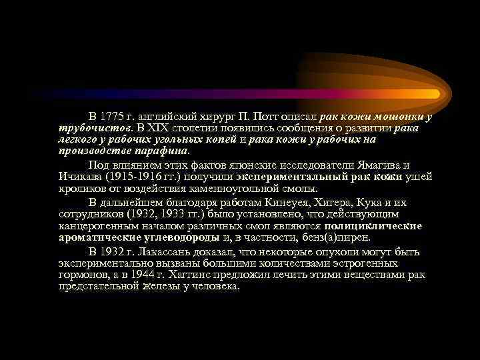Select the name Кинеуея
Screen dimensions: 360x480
point(281,203)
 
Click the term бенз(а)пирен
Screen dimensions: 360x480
point(335,237)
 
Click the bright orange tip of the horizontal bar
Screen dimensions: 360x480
point(433,93)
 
